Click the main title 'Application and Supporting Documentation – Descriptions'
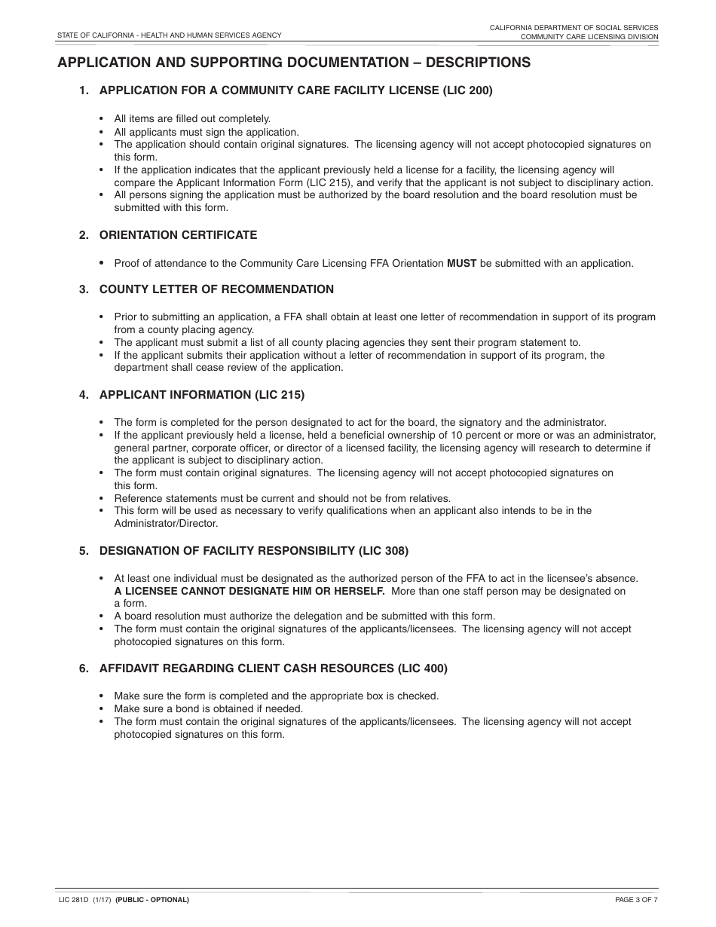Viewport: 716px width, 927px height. (294, 63)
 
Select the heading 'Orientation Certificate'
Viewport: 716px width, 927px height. (178, 235)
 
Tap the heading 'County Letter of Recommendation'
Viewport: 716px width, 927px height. (216, 289)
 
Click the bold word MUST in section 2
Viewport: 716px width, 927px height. (462, 264)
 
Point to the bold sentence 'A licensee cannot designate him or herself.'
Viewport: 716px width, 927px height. (249, 591)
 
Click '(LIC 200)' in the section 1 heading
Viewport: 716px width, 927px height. (467, 90)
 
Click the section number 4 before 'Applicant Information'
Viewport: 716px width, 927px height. (84, 394)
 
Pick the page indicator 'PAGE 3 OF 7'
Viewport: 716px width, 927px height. (636, 900)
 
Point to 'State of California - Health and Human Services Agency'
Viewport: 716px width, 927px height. (170, 35)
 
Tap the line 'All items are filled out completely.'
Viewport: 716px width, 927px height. (192, 118)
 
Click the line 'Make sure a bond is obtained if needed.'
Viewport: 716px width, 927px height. (208, 708)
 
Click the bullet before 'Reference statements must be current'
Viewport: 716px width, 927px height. (102, 498)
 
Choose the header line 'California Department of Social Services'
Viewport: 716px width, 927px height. (574, 27)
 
